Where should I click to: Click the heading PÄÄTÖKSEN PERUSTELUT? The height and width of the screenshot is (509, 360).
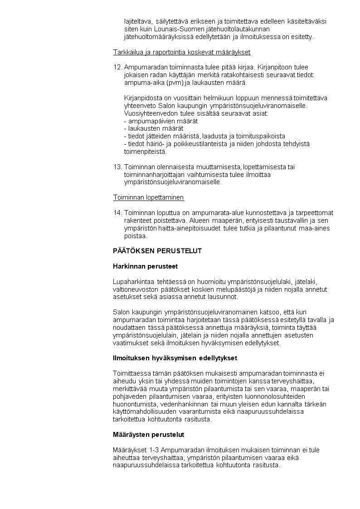pyautogui.click(x=157, y=250)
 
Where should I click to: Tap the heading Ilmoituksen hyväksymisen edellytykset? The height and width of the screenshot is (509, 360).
pyautogui.click(x=175, y=358)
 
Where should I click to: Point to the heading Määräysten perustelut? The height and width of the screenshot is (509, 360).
pyautogui.click(x=148, y=434)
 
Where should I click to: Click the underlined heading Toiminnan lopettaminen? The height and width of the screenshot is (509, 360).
pyautogui.click(x=148, y=197)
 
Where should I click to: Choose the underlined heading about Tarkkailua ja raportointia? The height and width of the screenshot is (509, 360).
pyautogui.click(x=181, y=52)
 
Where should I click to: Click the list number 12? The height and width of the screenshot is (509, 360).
pyautogui.click(x=117, y=67)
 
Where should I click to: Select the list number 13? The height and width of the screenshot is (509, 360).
pyautogui.click(x=117, y=167)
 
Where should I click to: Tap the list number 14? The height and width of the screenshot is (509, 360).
pyautogui.click(x=117, y=212)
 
